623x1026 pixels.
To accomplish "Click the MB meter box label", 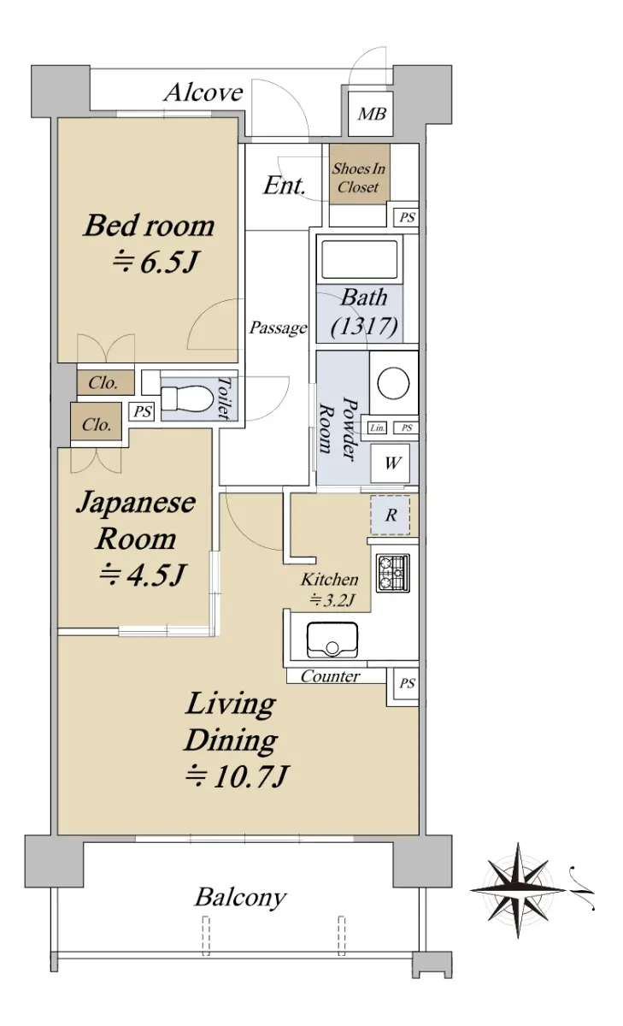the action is (372, 114).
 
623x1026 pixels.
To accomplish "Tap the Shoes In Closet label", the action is (358, 178).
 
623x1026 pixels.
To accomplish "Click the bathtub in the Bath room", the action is (359, 259).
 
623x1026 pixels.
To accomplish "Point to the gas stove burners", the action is (393, 573).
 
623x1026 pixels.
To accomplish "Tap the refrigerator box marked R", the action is (391, 515).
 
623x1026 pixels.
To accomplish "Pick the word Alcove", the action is (203, 92).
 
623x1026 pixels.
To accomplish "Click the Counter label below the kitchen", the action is (330, 676).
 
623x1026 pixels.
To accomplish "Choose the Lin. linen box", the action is (377, 427).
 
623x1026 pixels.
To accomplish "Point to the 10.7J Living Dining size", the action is (237, 776).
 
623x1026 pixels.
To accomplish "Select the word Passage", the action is (278, 327).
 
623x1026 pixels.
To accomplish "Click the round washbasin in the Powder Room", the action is (392, 382).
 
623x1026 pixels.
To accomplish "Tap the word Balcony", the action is (241, 898).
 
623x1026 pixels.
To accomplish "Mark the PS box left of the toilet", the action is (143, 412).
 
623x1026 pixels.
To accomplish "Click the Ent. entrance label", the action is (285, 186).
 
